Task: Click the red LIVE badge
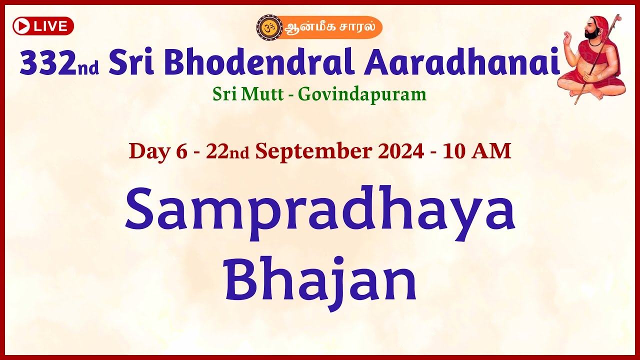coord(43,26)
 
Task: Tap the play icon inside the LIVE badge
coord(21,26)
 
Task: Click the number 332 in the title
coord(48,63)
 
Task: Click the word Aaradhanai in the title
coord(461,63)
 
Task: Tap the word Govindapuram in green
coord(362,94)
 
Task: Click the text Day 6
coord(157,151)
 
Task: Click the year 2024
coord(403,151)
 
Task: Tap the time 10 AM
coord(476,151)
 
